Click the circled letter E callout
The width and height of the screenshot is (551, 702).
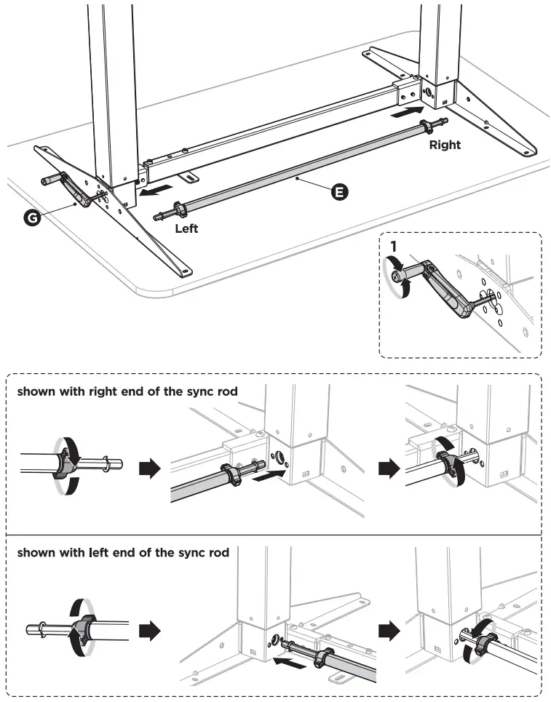[x=339, y=191]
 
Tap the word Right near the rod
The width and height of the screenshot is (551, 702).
[x=444, y=145]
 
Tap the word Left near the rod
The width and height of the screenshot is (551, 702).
[x=187, y=228]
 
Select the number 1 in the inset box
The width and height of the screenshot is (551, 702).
[x=393, y=246]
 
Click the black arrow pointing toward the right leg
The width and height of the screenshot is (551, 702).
[x=406, y=111]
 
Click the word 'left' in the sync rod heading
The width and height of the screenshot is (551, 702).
[x=98, y=553]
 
